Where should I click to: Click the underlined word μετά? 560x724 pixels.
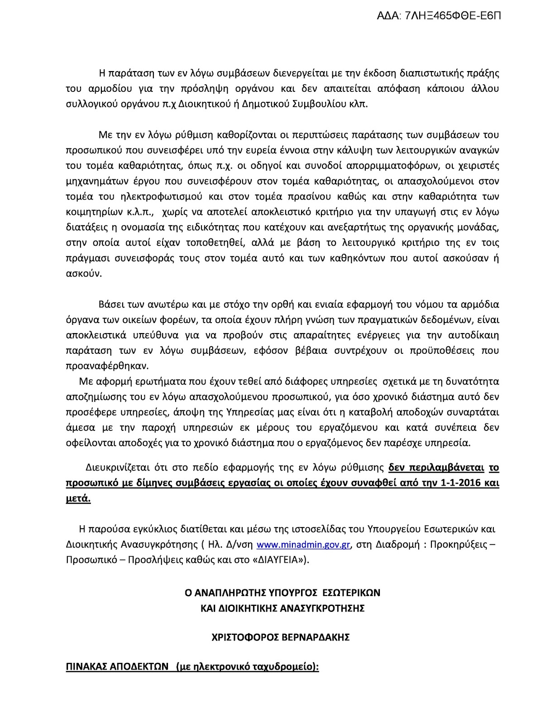pos(78,499)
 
